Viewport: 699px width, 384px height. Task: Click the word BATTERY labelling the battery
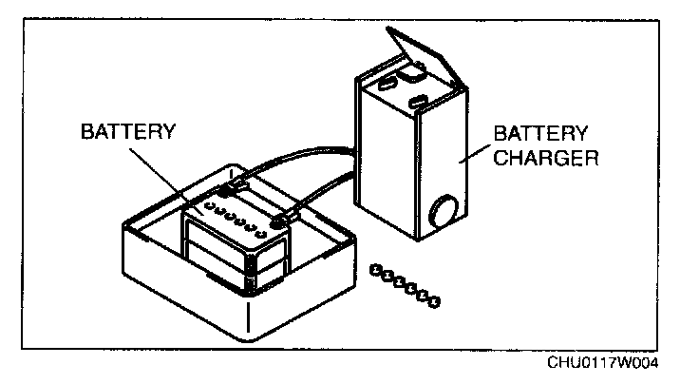[127, 130]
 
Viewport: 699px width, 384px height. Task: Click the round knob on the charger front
[444, 210]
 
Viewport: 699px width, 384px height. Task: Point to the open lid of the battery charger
[424, 58]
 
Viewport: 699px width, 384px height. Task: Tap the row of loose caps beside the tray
[406, 287]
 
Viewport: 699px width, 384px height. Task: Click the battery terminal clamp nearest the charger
[279, 221]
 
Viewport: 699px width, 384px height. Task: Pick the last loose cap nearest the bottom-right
[435, 303]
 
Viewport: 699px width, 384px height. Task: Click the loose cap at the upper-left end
[376, 270]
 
